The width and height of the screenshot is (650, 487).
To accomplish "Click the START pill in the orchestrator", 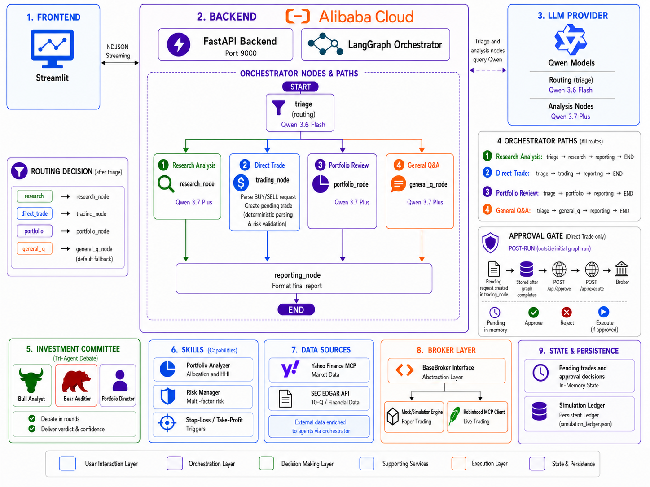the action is click(300, 87).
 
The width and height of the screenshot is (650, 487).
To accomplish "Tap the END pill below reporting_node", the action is click(296, 309).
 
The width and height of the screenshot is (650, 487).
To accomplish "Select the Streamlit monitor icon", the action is click(52, 48).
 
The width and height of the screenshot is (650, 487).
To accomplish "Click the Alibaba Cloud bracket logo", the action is click(298, 16).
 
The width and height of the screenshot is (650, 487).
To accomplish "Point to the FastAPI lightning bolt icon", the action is click(178, 44).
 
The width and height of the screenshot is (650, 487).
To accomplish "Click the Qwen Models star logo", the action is click(571, 40).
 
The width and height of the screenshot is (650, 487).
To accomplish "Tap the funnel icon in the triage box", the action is click(278, 108).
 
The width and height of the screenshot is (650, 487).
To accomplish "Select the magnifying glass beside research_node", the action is click(166, 184).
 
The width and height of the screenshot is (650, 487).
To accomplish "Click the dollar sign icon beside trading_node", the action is click(241, 183).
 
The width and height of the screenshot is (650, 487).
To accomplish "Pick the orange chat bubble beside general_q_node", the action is click(398, 183).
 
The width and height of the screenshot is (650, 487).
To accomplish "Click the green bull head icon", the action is click(31, 380).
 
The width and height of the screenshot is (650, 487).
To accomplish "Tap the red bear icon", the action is click(76, 381).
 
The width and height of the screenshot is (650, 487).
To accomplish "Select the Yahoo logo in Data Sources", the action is click(290, 369).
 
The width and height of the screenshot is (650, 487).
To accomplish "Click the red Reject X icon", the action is click(566, 312).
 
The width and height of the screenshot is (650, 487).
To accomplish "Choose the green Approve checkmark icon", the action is click(533, 312).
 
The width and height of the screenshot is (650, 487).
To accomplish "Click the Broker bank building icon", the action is click(621, 269).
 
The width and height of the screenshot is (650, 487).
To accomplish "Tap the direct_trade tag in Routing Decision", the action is click(35, 213).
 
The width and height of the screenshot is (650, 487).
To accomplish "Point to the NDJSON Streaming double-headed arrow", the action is click(120, 63).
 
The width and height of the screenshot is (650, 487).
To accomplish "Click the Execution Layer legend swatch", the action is click(459, 463).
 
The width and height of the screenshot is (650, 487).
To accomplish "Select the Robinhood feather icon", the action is click(454, 416).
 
